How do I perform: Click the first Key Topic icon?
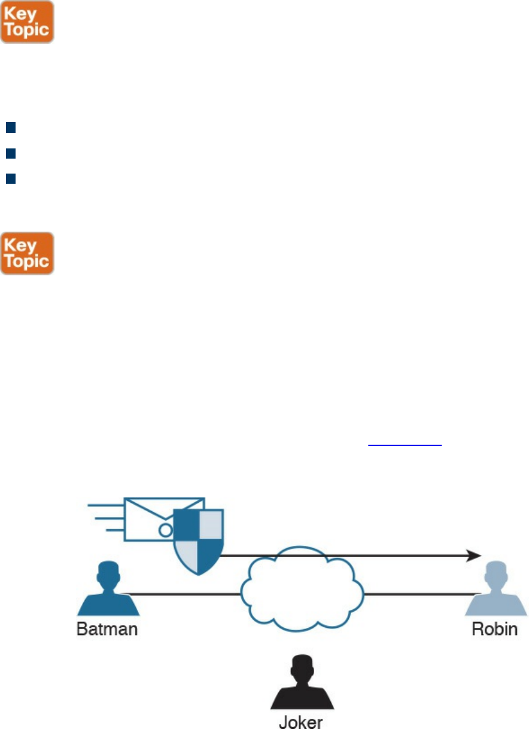click(x=27, y=22)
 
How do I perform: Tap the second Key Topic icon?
click(x=27, y=253)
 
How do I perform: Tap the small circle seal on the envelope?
click(x=165, y=530)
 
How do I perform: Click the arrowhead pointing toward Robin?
click(x=473, y=555)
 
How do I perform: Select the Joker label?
click(x=301, y=721)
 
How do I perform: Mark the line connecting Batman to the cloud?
click(x=180, y=594)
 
